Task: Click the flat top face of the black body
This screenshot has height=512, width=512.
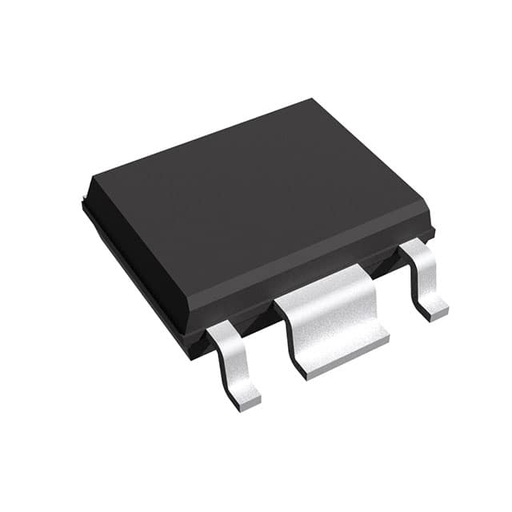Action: click(256, 200)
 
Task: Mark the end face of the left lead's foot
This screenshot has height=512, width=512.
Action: click(250, 403)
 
